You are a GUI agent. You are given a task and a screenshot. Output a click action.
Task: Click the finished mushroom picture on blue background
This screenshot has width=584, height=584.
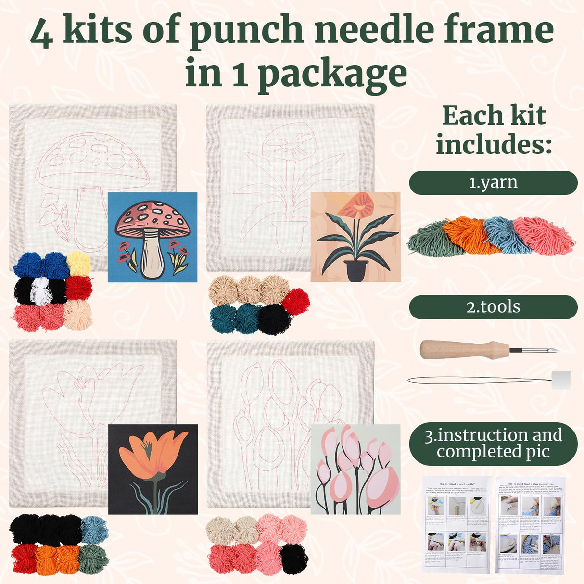152,237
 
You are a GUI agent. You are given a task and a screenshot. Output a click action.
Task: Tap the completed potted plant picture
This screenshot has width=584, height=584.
355,237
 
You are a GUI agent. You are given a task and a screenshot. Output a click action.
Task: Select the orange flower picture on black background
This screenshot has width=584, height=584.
152,469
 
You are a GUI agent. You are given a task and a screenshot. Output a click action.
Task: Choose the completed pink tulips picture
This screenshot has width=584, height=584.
355,469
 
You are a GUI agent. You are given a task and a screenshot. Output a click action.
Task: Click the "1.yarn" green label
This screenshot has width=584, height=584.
493,183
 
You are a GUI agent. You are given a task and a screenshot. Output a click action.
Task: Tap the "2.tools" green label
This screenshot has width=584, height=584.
493,307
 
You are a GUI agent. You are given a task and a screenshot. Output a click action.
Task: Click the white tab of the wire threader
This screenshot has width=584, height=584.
560,380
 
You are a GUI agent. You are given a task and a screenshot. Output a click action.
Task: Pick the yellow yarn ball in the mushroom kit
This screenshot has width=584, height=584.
79,263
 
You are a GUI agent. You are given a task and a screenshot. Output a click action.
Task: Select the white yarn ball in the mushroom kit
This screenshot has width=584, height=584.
41,290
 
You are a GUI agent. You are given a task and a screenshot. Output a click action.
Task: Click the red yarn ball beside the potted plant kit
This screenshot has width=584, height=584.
296,302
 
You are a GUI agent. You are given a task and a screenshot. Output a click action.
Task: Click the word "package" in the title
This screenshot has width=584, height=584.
332,75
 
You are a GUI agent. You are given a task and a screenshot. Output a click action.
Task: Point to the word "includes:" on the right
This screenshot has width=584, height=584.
494,144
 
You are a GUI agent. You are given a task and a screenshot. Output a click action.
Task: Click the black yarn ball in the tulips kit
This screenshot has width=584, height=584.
294,558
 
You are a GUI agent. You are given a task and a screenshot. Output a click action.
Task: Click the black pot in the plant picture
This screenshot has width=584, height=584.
356,271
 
